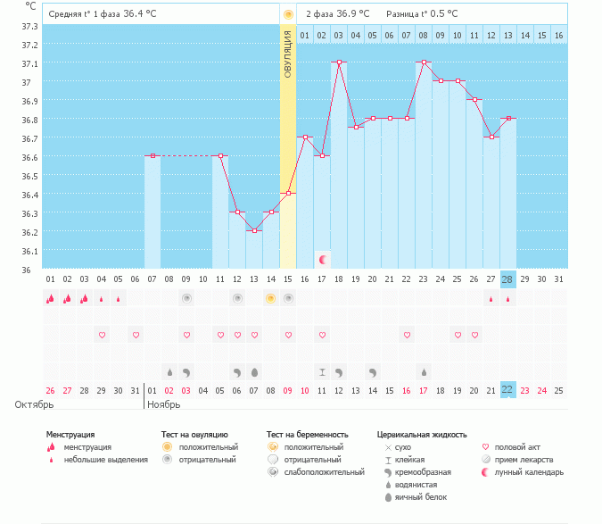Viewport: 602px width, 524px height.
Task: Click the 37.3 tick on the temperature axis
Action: (x=29, y=26)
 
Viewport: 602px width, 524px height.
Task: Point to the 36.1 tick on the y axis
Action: (x=29, y=251)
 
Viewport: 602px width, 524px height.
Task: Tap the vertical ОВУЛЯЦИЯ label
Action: (x=288, y=54)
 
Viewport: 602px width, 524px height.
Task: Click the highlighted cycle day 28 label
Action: (x=508, y=279)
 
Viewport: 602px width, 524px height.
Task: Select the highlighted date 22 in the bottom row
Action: (x=508, y=390)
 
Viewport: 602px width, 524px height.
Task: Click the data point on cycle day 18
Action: (x=339, y=62)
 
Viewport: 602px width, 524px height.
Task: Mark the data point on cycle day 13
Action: (x=254, y=230)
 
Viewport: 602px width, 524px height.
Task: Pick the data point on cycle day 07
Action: (x=153, y=155)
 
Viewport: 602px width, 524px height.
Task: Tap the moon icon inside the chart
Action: (x=323, y=259)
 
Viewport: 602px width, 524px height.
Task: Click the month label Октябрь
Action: (x=34, y=404)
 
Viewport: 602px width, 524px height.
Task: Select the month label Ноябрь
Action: (x=164, y=404)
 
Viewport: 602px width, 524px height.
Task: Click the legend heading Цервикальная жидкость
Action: (x=422, y=435)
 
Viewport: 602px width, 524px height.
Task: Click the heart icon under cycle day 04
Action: (x=102, y=335)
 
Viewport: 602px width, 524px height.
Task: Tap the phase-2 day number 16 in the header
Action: (x=558, y=35)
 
